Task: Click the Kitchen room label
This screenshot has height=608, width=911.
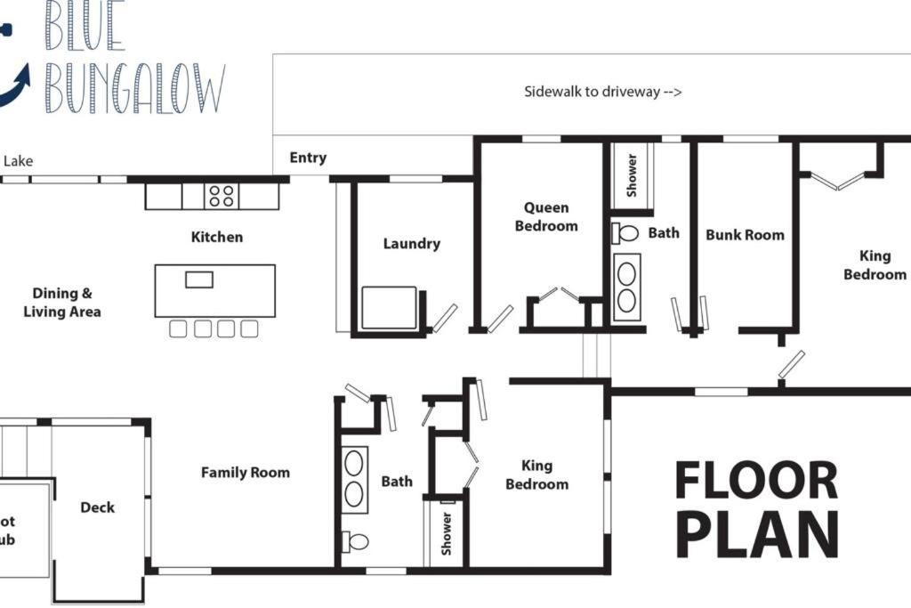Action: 217,237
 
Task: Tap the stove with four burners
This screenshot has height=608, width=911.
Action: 222,196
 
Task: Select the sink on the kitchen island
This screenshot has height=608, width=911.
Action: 199,280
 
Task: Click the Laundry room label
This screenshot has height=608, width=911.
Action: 411,244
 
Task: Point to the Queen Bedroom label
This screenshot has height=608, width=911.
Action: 546,217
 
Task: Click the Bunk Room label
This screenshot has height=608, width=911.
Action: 745,235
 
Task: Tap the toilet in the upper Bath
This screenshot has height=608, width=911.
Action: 625,233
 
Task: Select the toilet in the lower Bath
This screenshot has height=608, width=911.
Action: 355,542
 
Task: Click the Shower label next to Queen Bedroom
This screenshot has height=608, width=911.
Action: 633,175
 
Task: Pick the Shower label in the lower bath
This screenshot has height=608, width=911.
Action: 447,533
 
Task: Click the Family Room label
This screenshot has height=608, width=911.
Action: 246,473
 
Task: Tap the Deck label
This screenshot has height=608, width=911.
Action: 97,507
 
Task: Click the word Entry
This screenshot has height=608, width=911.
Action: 308,158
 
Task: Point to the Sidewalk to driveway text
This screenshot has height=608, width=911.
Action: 602,92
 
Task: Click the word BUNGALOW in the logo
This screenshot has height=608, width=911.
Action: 135,88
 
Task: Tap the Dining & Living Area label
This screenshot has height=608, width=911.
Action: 61,303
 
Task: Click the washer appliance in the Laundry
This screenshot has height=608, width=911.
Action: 390,307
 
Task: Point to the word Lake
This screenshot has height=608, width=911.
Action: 18,161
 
